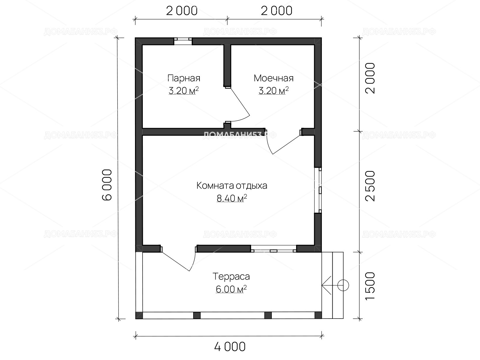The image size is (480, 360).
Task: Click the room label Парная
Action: tap(184, 78)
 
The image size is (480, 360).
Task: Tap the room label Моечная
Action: tap(274, 78)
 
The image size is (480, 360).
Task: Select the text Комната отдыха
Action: tap(232, 186)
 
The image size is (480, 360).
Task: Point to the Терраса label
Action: tap(231, 277)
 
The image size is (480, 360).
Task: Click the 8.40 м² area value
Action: tap(232, 198)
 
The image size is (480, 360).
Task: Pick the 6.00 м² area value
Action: tap(231, 289)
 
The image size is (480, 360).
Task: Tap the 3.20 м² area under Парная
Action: tap(184, 90)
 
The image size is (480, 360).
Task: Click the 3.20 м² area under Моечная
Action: tap(274, 90)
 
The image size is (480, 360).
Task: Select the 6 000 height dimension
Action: tap(107, 185)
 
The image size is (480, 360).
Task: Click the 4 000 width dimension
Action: tap(230, 347)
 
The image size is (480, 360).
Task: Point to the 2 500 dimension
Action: tap(370, 186)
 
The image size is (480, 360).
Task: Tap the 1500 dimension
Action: tap(370, 286)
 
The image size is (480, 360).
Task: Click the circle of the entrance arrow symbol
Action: tap(343, 285)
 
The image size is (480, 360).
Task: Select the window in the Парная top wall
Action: tap(183, 41)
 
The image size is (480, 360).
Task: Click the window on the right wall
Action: tap(318, 190)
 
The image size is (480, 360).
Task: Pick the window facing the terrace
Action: tap(273, 249)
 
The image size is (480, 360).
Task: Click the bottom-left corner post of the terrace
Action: tap(139, 315)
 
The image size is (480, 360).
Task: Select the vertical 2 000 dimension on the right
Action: tap(370, 78)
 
